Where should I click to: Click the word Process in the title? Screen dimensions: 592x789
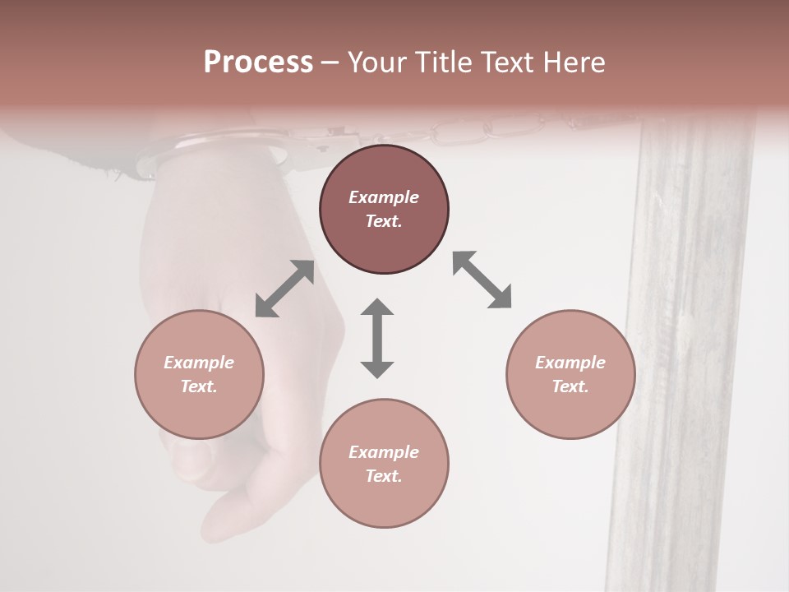(258, 62)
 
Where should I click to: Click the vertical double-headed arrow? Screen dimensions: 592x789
(377, 338)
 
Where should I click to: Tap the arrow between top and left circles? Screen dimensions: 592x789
(284, 289)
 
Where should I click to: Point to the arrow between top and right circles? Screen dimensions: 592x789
(482, 280)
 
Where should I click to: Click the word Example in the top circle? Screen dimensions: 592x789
(384, 197)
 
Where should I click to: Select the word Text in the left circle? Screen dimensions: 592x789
(199, 386)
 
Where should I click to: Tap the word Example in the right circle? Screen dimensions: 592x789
(570, 363)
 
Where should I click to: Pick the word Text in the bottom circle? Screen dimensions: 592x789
(384, 476)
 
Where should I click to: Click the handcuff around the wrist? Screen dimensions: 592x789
(214, 148)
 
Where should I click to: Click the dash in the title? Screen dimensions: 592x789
(330, 62)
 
